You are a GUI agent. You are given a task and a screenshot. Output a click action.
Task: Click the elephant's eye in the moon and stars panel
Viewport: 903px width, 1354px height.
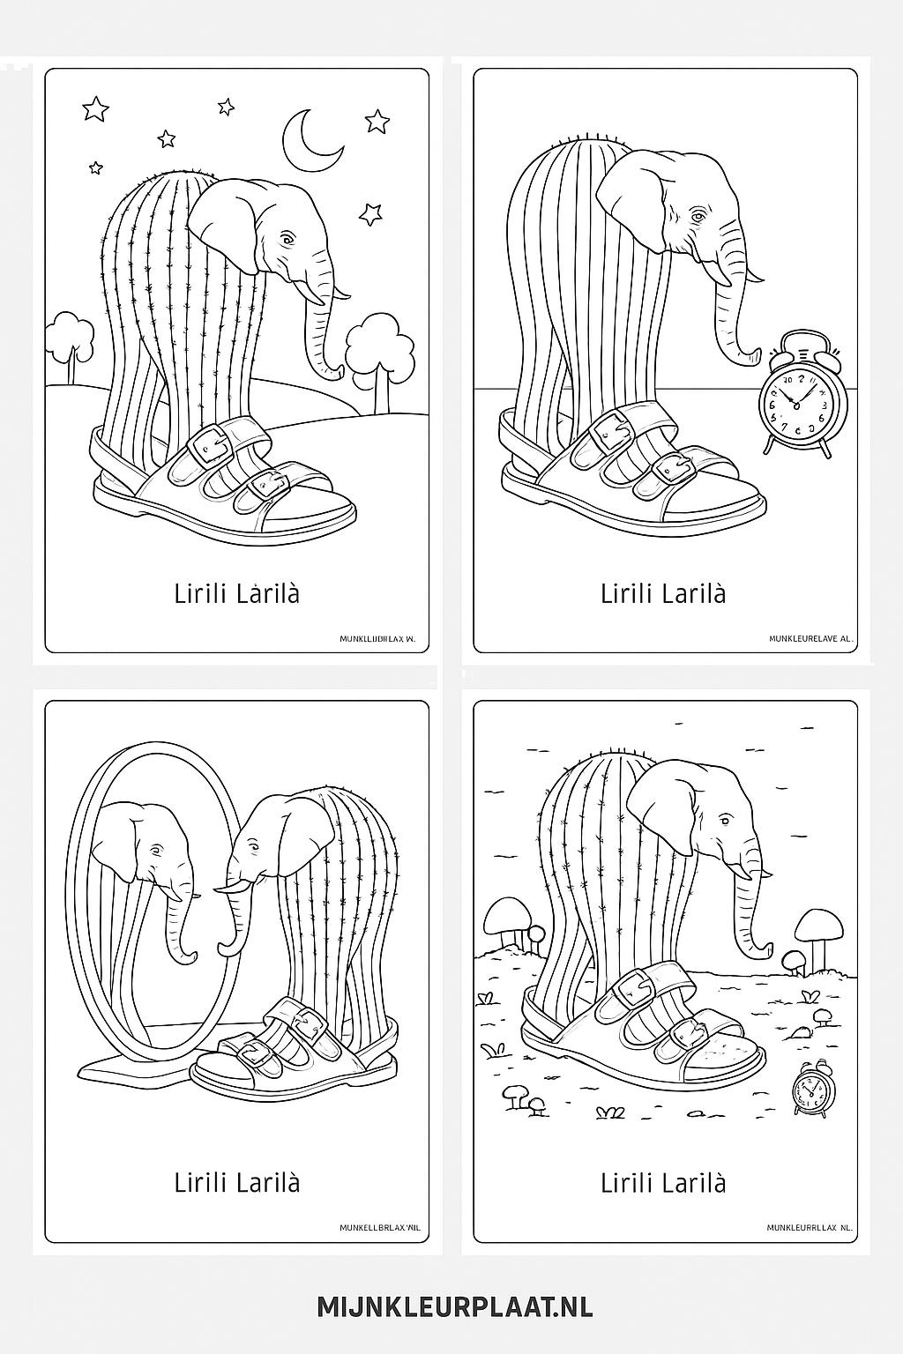286,240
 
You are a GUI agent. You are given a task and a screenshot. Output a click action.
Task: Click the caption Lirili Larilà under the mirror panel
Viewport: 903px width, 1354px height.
237,1182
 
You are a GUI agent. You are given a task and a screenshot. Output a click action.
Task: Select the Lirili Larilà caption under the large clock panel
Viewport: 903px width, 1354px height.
663,593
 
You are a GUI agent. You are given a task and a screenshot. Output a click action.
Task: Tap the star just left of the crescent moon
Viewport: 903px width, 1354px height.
226,108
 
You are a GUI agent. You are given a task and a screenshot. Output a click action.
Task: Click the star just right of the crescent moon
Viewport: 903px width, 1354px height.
377,121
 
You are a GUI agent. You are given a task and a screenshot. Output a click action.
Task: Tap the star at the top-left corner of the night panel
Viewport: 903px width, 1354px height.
95,109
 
